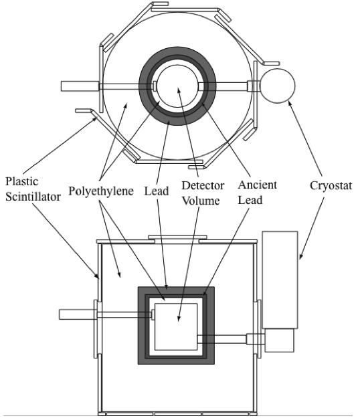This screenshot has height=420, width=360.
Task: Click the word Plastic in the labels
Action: [x=22, y=182]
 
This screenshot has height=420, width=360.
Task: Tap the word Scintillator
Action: [x=33, y=197]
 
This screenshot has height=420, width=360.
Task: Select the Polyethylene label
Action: [x=101, y=191]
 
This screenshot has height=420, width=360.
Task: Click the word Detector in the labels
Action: [x=203, y=186]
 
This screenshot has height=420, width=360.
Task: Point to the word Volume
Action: [x=201, y=201]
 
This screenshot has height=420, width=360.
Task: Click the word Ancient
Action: [x=258, y=185]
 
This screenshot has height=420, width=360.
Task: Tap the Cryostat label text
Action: [x=331, y=186]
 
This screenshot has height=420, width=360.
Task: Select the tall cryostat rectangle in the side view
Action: [x=280, y=280]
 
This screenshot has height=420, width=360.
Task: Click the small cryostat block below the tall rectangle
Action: [x=280, y=340]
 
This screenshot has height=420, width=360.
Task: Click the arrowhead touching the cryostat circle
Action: [x=290, y=104]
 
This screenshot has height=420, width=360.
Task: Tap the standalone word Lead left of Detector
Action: [x=157, y=191]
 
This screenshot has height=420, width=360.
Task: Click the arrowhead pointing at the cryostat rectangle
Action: [x=301, y=256]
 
